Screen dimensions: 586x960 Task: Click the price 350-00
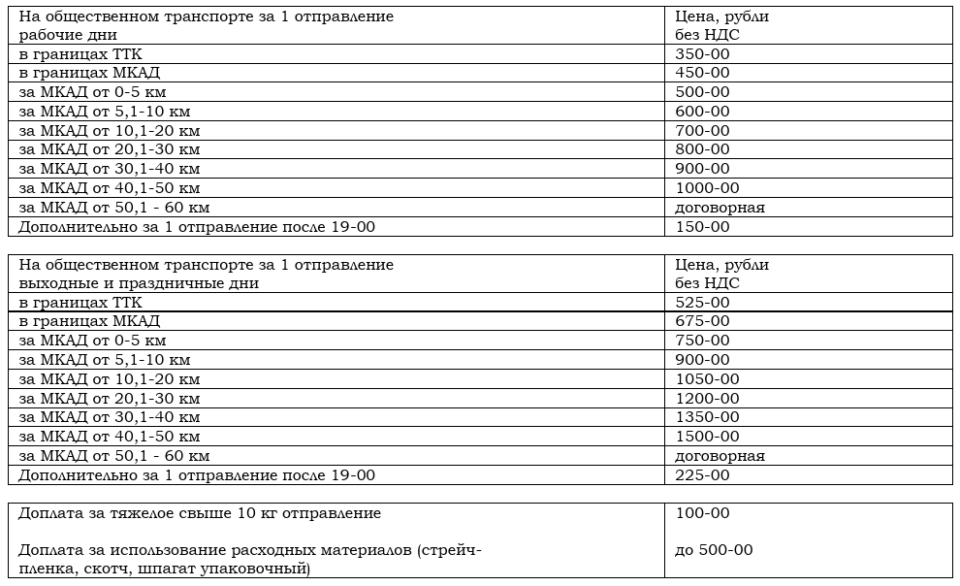[702, 54]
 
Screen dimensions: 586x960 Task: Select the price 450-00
[702, 73]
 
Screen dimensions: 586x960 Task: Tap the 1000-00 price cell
[707, 188]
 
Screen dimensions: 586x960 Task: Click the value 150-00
[702, 227]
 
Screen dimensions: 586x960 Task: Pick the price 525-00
[702, 303]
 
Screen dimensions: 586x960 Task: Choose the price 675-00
[702, 321]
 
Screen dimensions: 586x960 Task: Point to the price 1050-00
[707, 379]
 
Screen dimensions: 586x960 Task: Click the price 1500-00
[707, 437]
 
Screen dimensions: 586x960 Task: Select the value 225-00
[702, 475]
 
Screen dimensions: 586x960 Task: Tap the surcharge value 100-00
[702, 513]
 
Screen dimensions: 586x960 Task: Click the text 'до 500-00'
[714, 550]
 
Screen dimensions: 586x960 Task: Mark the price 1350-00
[707, 417]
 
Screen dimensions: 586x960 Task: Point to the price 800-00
[702, 149]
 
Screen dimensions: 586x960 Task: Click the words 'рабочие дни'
[62, 35]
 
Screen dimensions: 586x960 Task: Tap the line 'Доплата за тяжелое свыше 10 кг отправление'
[200, 513]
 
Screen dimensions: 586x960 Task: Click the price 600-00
[702, 112]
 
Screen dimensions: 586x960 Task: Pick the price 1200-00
[707, 399]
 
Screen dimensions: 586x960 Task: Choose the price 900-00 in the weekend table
[702, 360]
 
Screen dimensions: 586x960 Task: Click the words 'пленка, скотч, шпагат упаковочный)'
[164, 569]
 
